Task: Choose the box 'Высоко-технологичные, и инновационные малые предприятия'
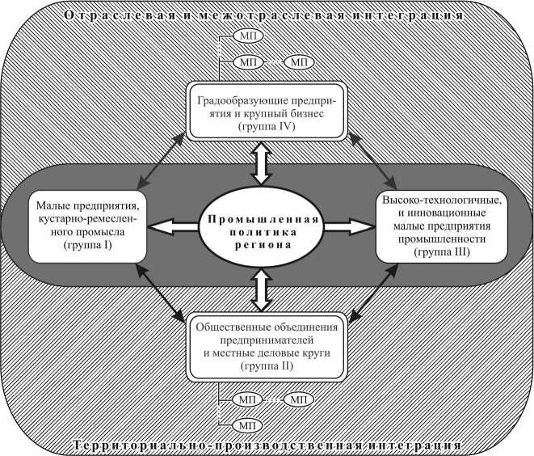(x=441, y=226)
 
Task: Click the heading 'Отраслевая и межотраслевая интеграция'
(x=267, y=15)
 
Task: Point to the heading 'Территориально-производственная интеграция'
(x=267, y=445)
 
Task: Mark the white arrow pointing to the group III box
(x=348, y=226)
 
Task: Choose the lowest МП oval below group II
(x=246, y=424)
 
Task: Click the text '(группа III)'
(x=441, y=253)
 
